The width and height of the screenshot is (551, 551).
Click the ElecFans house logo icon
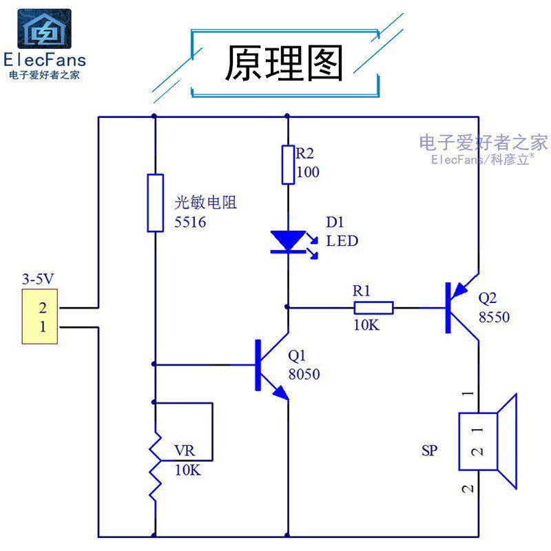click(44, 28)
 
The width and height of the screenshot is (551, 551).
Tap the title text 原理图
click(284, 63)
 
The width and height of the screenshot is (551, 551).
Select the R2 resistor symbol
click(288, 165)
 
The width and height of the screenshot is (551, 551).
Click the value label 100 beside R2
click(308, 171)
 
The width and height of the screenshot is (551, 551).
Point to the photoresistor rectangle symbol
click(156, 202)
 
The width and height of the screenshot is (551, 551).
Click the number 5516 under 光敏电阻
click(190, 222)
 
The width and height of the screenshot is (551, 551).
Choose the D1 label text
click(335, 222)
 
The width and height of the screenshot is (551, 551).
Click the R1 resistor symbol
click(373, 308)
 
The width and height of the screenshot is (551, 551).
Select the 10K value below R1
click(366, 325)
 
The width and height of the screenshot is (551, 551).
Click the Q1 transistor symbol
click(271, 365)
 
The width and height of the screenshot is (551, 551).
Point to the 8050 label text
click(304, 374)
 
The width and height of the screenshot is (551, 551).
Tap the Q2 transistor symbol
click(461, 307)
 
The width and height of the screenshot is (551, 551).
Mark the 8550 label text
click(494, 317)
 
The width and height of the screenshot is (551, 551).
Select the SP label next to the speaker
click(429, 450)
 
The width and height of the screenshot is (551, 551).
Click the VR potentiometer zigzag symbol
click(156, 466)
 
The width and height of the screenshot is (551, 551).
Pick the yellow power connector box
click(40, 316)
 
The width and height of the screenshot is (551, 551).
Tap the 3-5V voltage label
click(38, 279)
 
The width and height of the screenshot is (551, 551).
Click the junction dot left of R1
click(287, 307)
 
